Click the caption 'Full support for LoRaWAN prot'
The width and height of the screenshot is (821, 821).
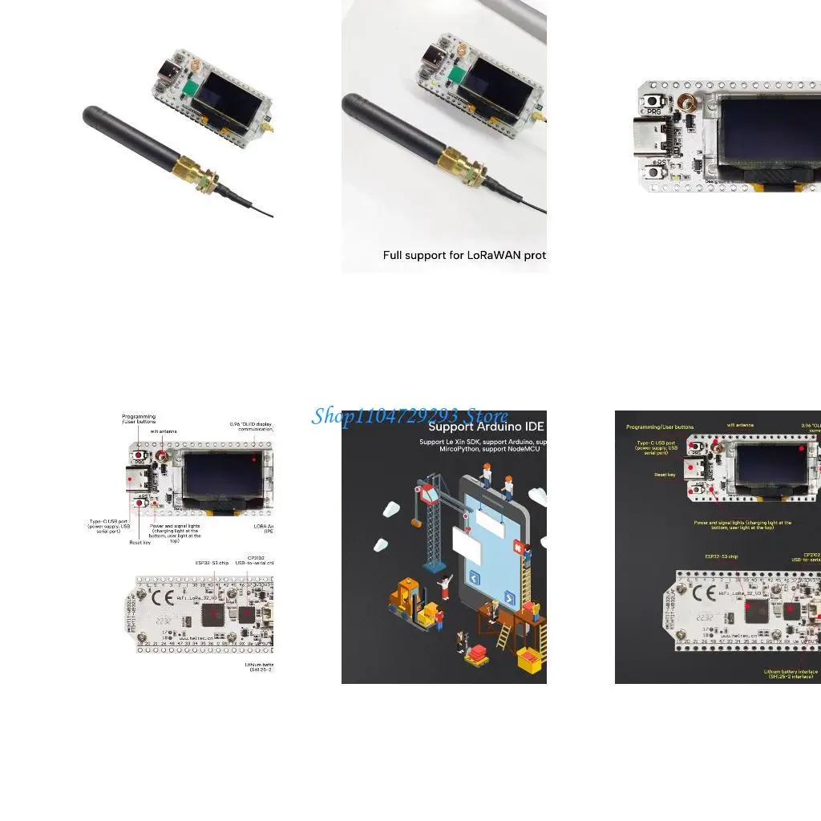point(464,255)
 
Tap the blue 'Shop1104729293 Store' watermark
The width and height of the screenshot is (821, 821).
point(410,415)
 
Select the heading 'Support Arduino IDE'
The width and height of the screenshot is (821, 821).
point(487,427)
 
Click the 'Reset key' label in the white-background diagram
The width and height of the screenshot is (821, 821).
point(140,543)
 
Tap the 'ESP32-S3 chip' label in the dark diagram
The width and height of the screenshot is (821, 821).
point(722,556)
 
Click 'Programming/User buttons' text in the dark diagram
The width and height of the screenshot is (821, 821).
point(660,427)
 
